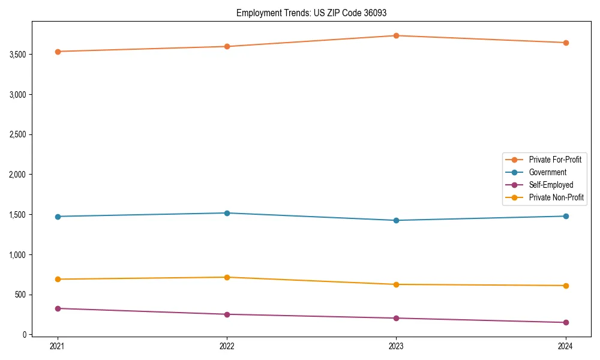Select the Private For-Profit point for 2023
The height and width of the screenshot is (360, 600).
396,35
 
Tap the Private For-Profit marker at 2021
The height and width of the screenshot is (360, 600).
58,52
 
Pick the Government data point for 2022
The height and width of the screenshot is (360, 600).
227,213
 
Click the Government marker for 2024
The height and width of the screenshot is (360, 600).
565,216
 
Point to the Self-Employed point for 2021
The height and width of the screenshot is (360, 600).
58,308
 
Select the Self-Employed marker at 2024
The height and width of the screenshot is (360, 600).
565,322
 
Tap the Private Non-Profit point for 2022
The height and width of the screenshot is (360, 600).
227,277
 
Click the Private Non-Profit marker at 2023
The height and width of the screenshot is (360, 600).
396,284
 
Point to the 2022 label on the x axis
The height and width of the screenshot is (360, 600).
227,346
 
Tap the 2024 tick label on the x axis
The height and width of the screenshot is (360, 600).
565,346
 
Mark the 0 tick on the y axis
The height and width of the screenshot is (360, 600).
25,335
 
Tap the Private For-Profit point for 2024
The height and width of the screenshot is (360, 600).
565,43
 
